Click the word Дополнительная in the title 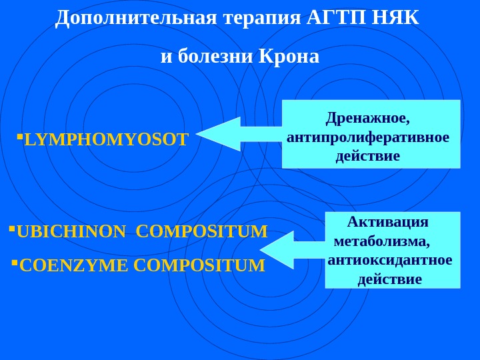click(136, 18)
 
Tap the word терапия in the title click(261, 18)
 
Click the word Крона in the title click(289, 57)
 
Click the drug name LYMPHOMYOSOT click(106, 140)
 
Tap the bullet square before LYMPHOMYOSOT click(20, 137)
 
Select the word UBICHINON click(71, 232)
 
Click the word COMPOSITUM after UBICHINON click(201, 232)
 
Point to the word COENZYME click(74, 266)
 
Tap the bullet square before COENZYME click(15, 263)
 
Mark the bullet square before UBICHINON click(12, 229)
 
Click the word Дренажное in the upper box click(367, 118)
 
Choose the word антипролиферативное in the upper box click(368, 137)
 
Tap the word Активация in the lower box click(388, 222)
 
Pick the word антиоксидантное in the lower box click(390, 259)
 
